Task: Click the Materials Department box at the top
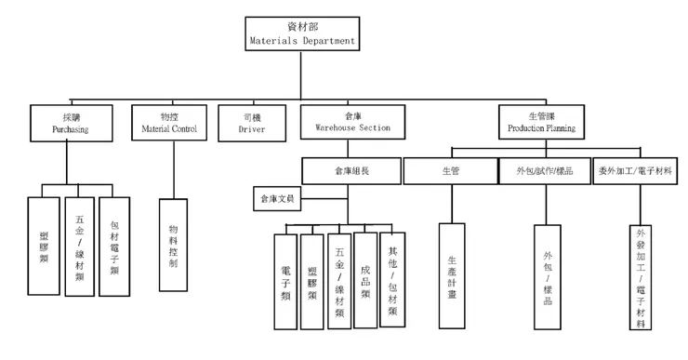tap(298, 33)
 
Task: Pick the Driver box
tap(253, 121)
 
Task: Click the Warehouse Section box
tap(346, 121)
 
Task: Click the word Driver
tap(253, 129)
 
